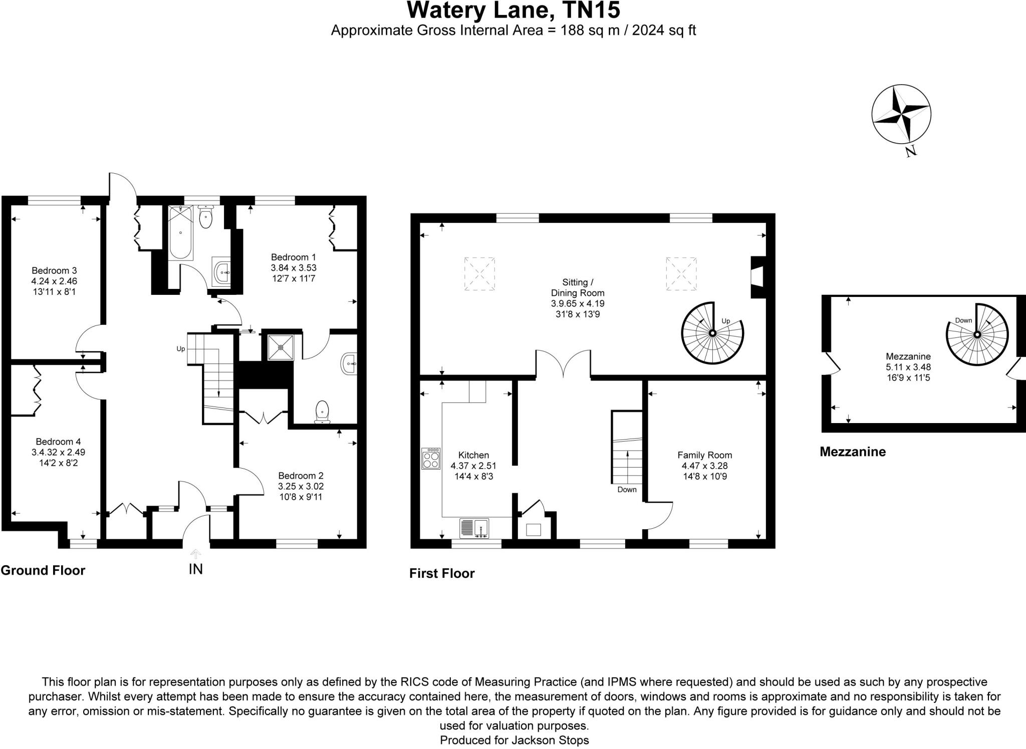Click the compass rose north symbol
[901, 114]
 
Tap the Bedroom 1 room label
[294, 257]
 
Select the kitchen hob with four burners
[431, 458]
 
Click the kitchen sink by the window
[474, 528]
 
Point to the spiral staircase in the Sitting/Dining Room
[712, 333]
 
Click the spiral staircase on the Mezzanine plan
[977, 334]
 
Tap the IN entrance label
[195, 569]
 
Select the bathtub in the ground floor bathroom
[181, 233]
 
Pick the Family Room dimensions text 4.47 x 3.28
[704, 466]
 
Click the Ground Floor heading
[43, 570]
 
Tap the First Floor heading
[441, 573]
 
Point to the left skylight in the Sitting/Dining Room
[479, 273]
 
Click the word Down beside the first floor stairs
[627, 489]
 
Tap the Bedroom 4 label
[58, 442]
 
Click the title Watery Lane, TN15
[513, 10]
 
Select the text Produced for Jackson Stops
[514, 740]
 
